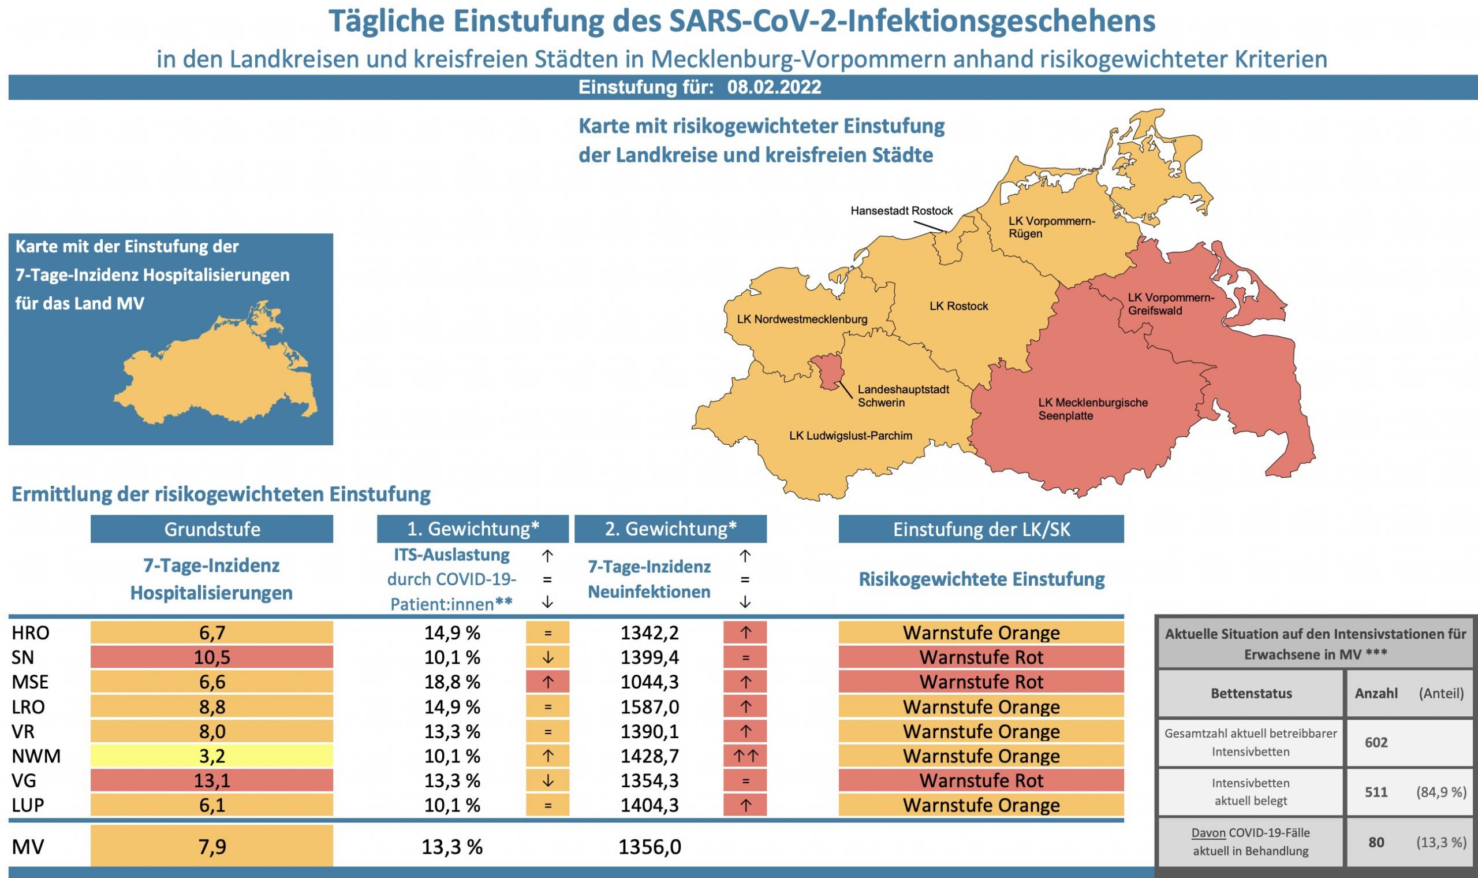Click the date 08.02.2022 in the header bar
(774, 88)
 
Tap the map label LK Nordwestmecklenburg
(802, 319)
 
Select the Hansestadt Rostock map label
(902, 211)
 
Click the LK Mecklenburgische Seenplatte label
(1092, 409)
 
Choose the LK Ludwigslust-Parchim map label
(850, 436)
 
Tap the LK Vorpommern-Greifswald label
(1171, 304)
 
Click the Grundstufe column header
(212, 529)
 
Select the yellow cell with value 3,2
(212, 756)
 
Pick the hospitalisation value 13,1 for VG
(212, 781)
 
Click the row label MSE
(30, 682)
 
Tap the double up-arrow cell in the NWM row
(745, 756)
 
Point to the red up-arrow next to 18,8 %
(547, 682)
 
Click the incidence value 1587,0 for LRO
(649, 707)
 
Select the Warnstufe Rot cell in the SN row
(981, 657)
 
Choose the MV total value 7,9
(212, 847)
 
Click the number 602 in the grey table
(1376, 742)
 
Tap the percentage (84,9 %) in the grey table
(1440, 792)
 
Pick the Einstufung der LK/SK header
(981, 529)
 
